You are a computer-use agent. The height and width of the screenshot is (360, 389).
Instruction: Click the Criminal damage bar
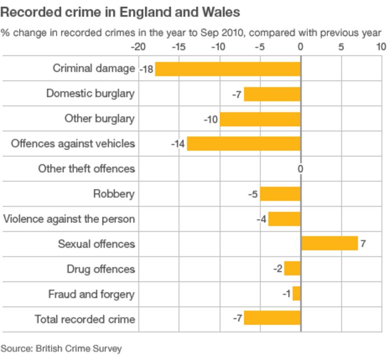[228, 69]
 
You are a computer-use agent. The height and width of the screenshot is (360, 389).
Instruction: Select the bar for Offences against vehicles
[244, 144]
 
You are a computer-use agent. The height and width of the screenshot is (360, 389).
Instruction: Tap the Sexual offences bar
[329, 243]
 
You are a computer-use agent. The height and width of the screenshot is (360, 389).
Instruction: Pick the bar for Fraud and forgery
[297, 294]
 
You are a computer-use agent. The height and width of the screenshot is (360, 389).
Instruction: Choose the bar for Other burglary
[260, 119]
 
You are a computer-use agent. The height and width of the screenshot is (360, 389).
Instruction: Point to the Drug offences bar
[292, 269]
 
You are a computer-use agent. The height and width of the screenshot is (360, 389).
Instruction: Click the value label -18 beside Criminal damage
[146, 69]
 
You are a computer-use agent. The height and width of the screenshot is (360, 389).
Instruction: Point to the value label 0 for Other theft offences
[301, 169]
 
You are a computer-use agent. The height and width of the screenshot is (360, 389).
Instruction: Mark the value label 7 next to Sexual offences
[363, 244]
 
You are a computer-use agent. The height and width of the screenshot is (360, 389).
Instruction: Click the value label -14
[178, 144]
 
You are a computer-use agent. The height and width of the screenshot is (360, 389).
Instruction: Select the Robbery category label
[114, 194]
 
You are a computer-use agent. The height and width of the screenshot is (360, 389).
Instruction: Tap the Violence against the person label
[69, 219]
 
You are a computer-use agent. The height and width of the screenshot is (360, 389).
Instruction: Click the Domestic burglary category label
[90, 93]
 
